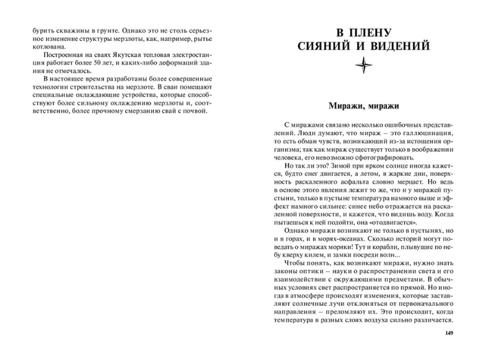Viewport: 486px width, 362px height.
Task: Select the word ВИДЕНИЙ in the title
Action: [x=398, y=46]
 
